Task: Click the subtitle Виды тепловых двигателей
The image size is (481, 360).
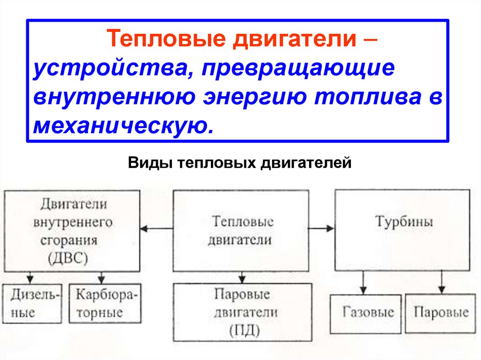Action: click(240, 163)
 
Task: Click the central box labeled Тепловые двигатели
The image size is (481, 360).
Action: click(240, 230)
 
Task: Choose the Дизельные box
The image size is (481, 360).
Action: click(31, 304)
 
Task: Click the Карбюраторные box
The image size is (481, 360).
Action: click(105, 304)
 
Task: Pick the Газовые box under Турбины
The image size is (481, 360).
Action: click(366, 313)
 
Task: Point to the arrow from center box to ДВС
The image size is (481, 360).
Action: click(156, 229)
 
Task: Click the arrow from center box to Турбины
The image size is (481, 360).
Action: click(322, 229)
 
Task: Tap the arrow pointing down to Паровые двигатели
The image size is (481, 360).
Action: click(241, 277)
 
